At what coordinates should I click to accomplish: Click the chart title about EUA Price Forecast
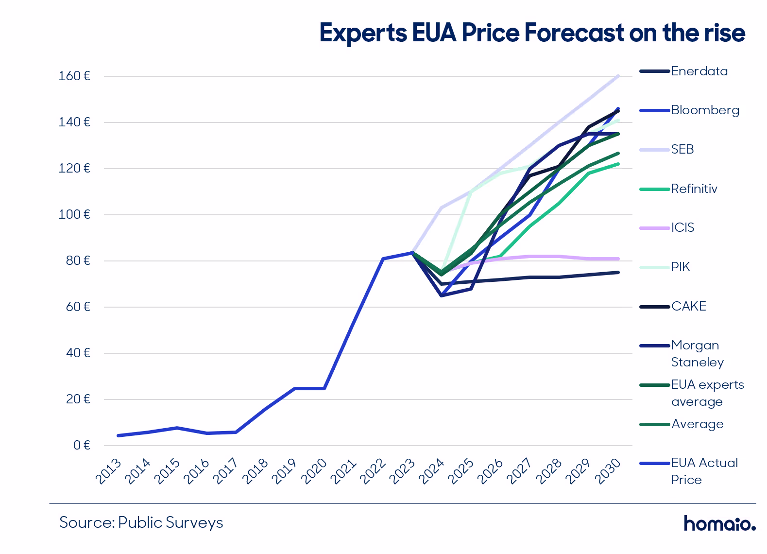coord(532,33)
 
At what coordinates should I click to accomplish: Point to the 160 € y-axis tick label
coord(74,76)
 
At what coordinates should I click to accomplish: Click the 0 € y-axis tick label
coord(82,445)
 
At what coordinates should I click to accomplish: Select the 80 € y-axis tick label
coord(77,261)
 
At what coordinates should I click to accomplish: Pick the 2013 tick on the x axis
coord(108,471)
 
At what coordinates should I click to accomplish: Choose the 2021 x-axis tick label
coord(343,471)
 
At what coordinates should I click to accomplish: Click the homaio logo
coord(719,523)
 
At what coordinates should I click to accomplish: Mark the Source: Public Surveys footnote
coord(141,522)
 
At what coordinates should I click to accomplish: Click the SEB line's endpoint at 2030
coord(618,76)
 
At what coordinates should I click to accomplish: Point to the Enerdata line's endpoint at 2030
coord(618,272)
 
